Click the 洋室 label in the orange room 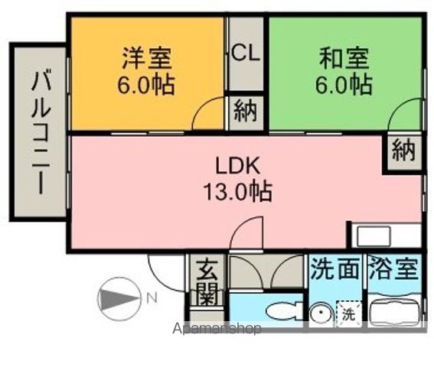pyautogui.click(x=146, y=58)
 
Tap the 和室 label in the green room pyautogui.click(x=344, y=58)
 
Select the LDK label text pyautogui.click(x=239, y=166)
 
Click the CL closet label pyautogui.click(x=246, y=54)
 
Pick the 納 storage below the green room pyautogui.click(x=402, y=151)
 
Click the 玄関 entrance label pyautogui.click(x=206, y=281)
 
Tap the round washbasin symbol pyautogui.click(x=321, y=313)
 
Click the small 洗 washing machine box pyautogui.click(x=348, y=313)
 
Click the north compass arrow pyautogui.click(x=119, y=297)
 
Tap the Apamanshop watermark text pyautogui.click(x=217, y=329)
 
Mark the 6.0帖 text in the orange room pyautogui.click(x=146, y=83)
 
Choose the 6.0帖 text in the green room pyautogui.click(x=344, y=83)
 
